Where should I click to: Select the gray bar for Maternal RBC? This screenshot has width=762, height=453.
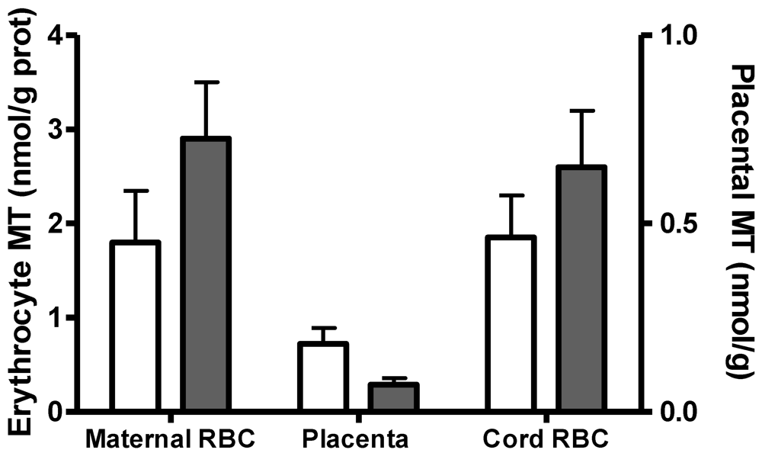point(205,275)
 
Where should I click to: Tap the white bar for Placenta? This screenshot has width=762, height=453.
point(323,377)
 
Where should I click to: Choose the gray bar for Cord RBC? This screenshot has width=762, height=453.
point(580,289)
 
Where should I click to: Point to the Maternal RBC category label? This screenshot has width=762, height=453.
point(170,439)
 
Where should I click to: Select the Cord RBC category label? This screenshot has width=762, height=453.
point(546,439)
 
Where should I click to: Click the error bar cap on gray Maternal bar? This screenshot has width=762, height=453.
point(205,82)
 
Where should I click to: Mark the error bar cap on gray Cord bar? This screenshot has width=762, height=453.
point(580,111)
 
